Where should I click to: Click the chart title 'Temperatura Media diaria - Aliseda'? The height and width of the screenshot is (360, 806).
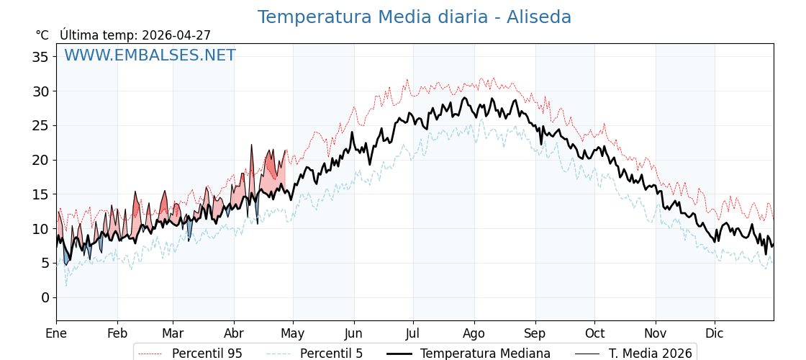[x=414, y=17]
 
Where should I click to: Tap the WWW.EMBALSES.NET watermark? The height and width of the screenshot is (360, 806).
[x=150, y=55]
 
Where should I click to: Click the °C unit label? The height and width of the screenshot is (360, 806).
[x=42, y=35]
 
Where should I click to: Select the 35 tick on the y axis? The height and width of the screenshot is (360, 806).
[x=40, y=57]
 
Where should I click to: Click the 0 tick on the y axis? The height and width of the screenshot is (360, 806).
[x=45, y=297]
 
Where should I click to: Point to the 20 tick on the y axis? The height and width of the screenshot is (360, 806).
[x=40, y=160]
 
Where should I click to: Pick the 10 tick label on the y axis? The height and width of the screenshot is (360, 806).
[x=40, y=229]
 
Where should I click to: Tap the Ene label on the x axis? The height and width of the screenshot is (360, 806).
[x=56, y=334]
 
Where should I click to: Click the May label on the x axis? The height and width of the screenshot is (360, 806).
[x=293, y=334]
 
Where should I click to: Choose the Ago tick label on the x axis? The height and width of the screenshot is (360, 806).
[x=474, y=334]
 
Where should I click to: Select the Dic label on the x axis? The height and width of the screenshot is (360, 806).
[x=715, y=334]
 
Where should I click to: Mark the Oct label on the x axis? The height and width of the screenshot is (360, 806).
[x=594, y=334]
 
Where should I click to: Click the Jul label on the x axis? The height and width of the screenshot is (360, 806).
[x=413, y=334]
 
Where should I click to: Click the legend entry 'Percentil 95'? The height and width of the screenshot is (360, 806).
[x=207, y=354]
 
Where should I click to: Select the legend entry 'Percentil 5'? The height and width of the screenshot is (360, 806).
[x=331, y=354]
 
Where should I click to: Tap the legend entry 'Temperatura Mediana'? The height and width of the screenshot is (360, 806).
[x=485, y=354]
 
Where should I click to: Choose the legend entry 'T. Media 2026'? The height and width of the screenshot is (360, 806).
[x=651, y=354]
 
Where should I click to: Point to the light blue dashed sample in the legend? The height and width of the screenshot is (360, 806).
[x=279, y=354]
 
